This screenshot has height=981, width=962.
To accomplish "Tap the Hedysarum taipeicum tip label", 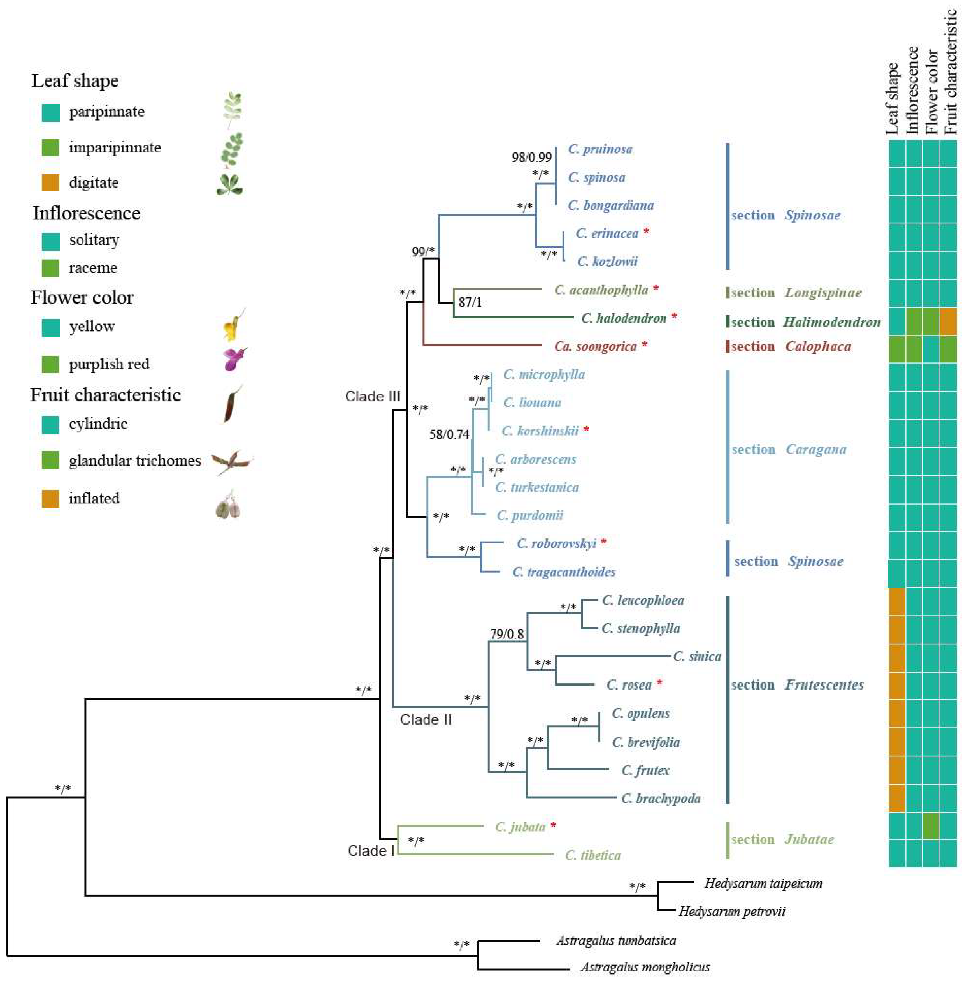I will click(x=763, y=883).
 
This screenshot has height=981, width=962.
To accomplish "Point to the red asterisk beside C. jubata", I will click(x=553, y=826).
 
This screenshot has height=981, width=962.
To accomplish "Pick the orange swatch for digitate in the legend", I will click(x=50, y=182).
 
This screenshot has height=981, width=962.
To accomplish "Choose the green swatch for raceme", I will click(x=50, y=268).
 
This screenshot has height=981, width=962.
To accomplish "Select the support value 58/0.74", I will click(x=449, y=435).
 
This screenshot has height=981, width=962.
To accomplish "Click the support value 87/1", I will click(x=470, y=303).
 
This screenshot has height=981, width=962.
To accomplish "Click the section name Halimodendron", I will click(x=832, y=322).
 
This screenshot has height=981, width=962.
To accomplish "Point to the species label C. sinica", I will click(x=697, y=656).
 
